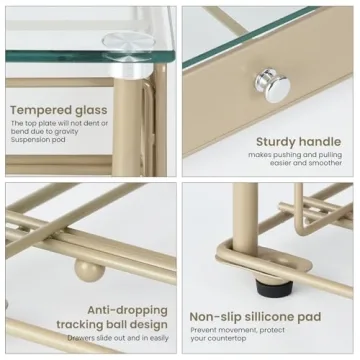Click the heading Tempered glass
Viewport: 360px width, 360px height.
[x=59, y=109]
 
